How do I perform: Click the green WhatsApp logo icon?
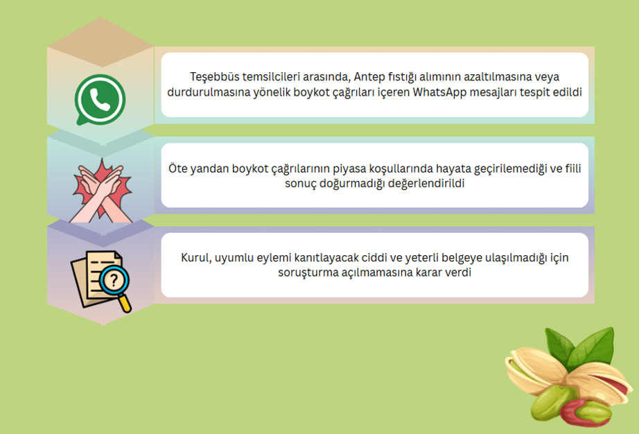coord(100,100)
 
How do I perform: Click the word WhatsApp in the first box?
coord(439,92)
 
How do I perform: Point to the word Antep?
coord(369,77)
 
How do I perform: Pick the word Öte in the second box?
coord(177,168)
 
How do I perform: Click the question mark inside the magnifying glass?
coord(114,280)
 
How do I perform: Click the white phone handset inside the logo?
coord(100,100)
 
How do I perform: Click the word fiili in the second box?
coord(573,168)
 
